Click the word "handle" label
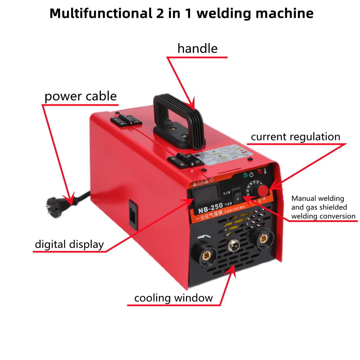[x=197, y=49]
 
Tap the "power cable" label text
[x=81, y=96]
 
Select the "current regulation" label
[x=296, y=137]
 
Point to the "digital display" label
[x=69, y=244]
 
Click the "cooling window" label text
[x=173, y=298]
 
